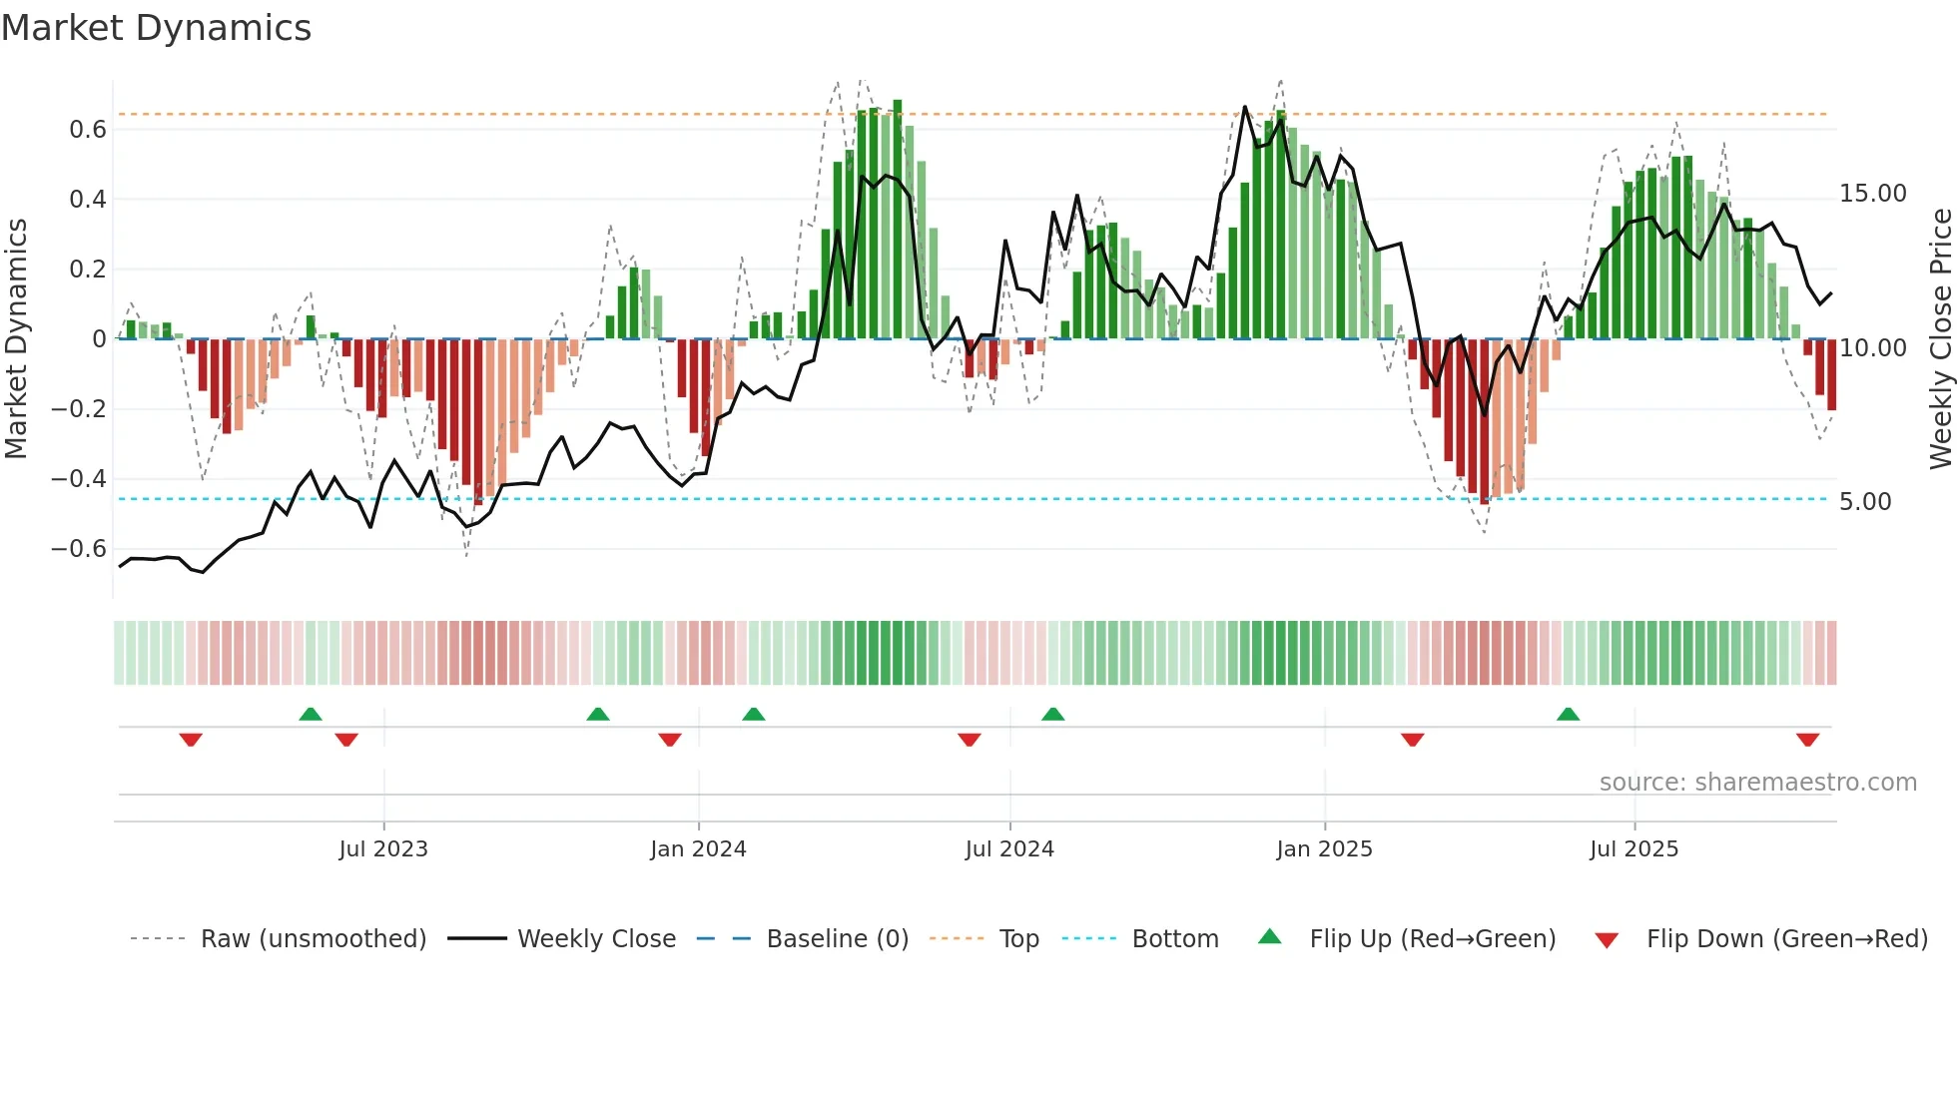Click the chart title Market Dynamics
point(156,28)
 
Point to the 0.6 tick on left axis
point(88,130)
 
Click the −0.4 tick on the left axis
point(79,479)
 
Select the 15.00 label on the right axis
point(1872,194)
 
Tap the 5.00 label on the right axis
point(1865,502)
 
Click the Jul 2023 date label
point(383,849)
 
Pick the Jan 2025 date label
point(1324,849)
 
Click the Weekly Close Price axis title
point(1940,339)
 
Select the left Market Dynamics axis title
point(16,339)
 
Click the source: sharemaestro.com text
point(1757,783)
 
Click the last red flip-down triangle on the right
point(1807,740)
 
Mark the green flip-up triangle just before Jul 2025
point(1568,714)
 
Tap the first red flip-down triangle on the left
point(191,740)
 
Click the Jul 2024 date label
point(1009,849)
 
